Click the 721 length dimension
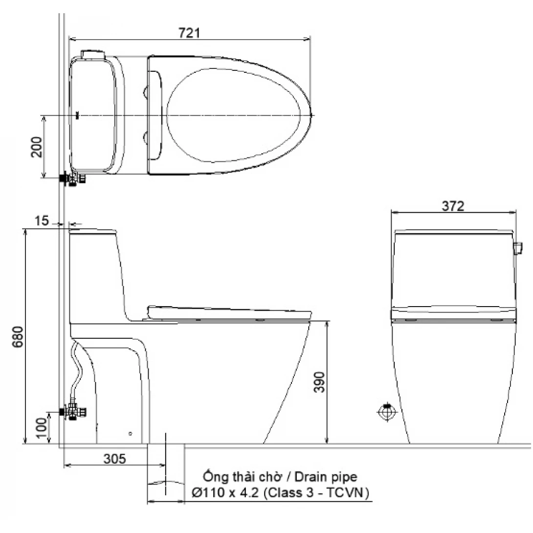tap(189, 33)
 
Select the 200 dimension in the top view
tap(37, 147)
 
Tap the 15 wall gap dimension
tap(42, 221)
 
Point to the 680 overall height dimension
tap(18, 336)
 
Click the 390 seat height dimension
tap(319, 382)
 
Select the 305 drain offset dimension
tap(114, 459)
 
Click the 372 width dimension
tap(453, 206)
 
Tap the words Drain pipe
tap(326, 477)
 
